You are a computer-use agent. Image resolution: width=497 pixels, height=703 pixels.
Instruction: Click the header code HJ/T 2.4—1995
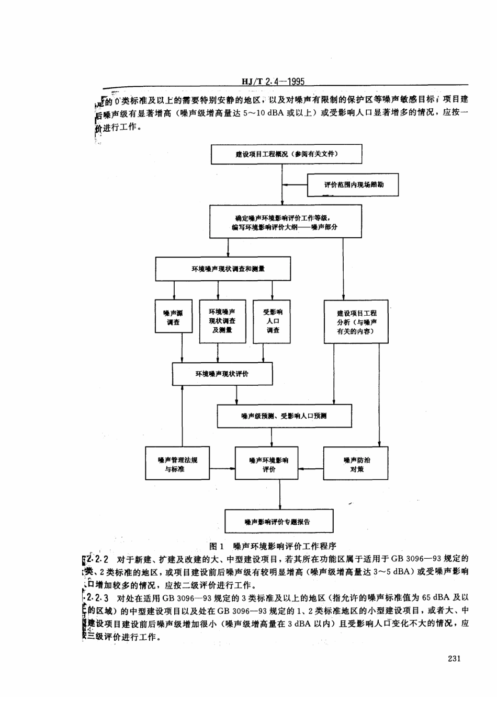pyautogui.click(x=273, y=82)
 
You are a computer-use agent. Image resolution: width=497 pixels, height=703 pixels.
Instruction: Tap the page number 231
pyautogui.click(x=454, y=659)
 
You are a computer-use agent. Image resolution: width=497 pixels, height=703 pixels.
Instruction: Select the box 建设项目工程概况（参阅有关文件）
pyautogui.click(x=286, y=154)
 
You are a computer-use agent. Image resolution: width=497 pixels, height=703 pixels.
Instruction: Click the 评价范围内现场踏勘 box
pyautogui.click(x=353, y=185)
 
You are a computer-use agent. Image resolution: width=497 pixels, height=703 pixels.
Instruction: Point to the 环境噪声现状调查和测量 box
pyautogui.click(x=223, y=269)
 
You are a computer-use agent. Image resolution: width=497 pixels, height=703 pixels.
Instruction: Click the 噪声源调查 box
pyautogui.click(x=173, y=318)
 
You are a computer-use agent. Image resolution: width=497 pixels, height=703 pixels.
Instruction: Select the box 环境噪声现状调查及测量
pyautogui.click(x=222, y=321)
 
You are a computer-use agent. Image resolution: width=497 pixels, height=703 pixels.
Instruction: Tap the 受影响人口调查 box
pyautogui.click(x=272, y=321)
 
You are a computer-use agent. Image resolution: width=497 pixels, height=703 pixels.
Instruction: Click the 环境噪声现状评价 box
pyautogui.click(x=222, y=374)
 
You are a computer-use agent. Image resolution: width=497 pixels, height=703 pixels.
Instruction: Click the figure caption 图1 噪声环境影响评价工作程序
pyautogui.click(x=272, y=546)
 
